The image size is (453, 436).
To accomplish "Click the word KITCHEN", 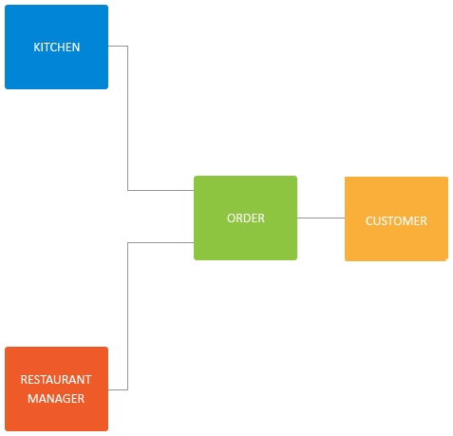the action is [57, 47].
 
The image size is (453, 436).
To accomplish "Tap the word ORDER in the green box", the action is [246, 218].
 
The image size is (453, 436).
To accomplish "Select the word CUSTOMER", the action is [396, 221].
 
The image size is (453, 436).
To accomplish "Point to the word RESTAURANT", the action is [56, 380].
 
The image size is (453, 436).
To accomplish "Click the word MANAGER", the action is [56, 399].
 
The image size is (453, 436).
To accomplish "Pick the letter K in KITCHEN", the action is [37, 47].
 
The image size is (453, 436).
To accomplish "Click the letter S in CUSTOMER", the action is [383, 221].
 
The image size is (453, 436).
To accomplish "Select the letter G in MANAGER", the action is [66, 399].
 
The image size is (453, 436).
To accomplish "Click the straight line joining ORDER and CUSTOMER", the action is [321, 218].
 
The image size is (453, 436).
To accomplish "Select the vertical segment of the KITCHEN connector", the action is [127, 118].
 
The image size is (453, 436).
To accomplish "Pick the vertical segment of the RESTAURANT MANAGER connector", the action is [127, 316].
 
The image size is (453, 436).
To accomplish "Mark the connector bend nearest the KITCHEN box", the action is [127, 47].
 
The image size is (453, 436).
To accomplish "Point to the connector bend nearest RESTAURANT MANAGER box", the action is [127, 389].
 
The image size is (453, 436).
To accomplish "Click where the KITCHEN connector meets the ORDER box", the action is [194, 190].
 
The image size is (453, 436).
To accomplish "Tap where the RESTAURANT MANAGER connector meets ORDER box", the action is [194, 243].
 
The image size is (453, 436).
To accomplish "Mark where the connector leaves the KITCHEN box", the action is [108, 47].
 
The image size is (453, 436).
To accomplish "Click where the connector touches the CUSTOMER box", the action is [345, 218].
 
